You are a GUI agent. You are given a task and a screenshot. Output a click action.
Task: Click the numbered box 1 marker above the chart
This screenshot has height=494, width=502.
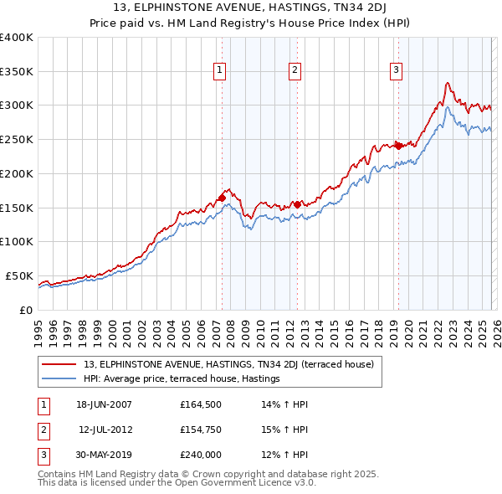point(219,71)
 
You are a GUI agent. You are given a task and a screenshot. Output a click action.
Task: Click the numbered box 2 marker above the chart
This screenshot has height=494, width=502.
point(295,71)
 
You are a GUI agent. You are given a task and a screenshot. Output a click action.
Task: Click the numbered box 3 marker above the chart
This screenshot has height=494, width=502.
point(395,71)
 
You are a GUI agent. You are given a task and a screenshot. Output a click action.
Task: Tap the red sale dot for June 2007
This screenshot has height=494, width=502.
point(222,198)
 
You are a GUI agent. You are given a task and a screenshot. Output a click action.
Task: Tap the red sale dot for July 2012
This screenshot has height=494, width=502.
point(297,203)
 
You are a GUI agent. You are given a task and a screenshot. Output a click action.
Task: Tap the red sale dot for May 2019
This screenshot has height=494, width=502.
point(398,146)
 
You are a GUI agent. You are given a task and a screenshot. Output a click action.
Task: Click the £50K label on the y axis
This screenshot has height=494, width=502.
point(19,275)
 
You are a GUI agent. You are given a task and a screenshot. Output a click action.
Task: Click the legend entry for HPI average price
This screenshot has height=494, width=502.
point(181,379)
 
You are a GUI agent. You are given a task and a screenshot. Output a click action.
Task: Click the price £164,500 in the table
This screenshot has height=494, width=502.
point(201,404)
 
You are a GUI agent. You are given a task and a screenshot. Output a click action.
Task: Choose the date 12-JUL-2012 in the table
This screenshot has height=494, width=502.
point(106,430)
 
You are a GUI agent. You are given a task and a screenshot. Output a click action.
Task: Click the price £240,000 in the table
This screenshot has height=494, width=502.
point(201,455)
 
